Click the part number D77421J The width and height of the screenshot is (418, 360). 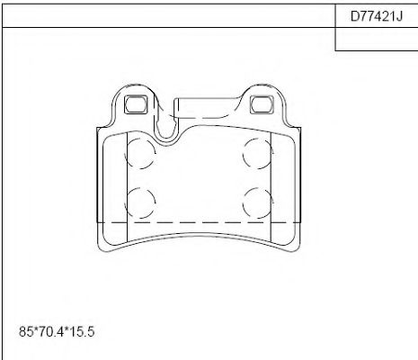[x=376, y=15]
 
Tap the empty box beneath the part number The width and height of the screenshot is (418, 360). [x=376, y=39]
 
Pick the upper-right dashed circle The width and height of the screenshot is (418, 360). [x=258, y=153]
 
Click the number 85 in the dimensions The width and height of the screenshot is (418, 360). [x=24, y=332]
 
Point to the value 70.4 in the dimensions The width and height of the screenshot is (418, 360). [x=51, y=332]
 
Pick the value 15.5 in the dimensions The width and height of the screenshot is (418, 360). [x=83, y=332]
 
